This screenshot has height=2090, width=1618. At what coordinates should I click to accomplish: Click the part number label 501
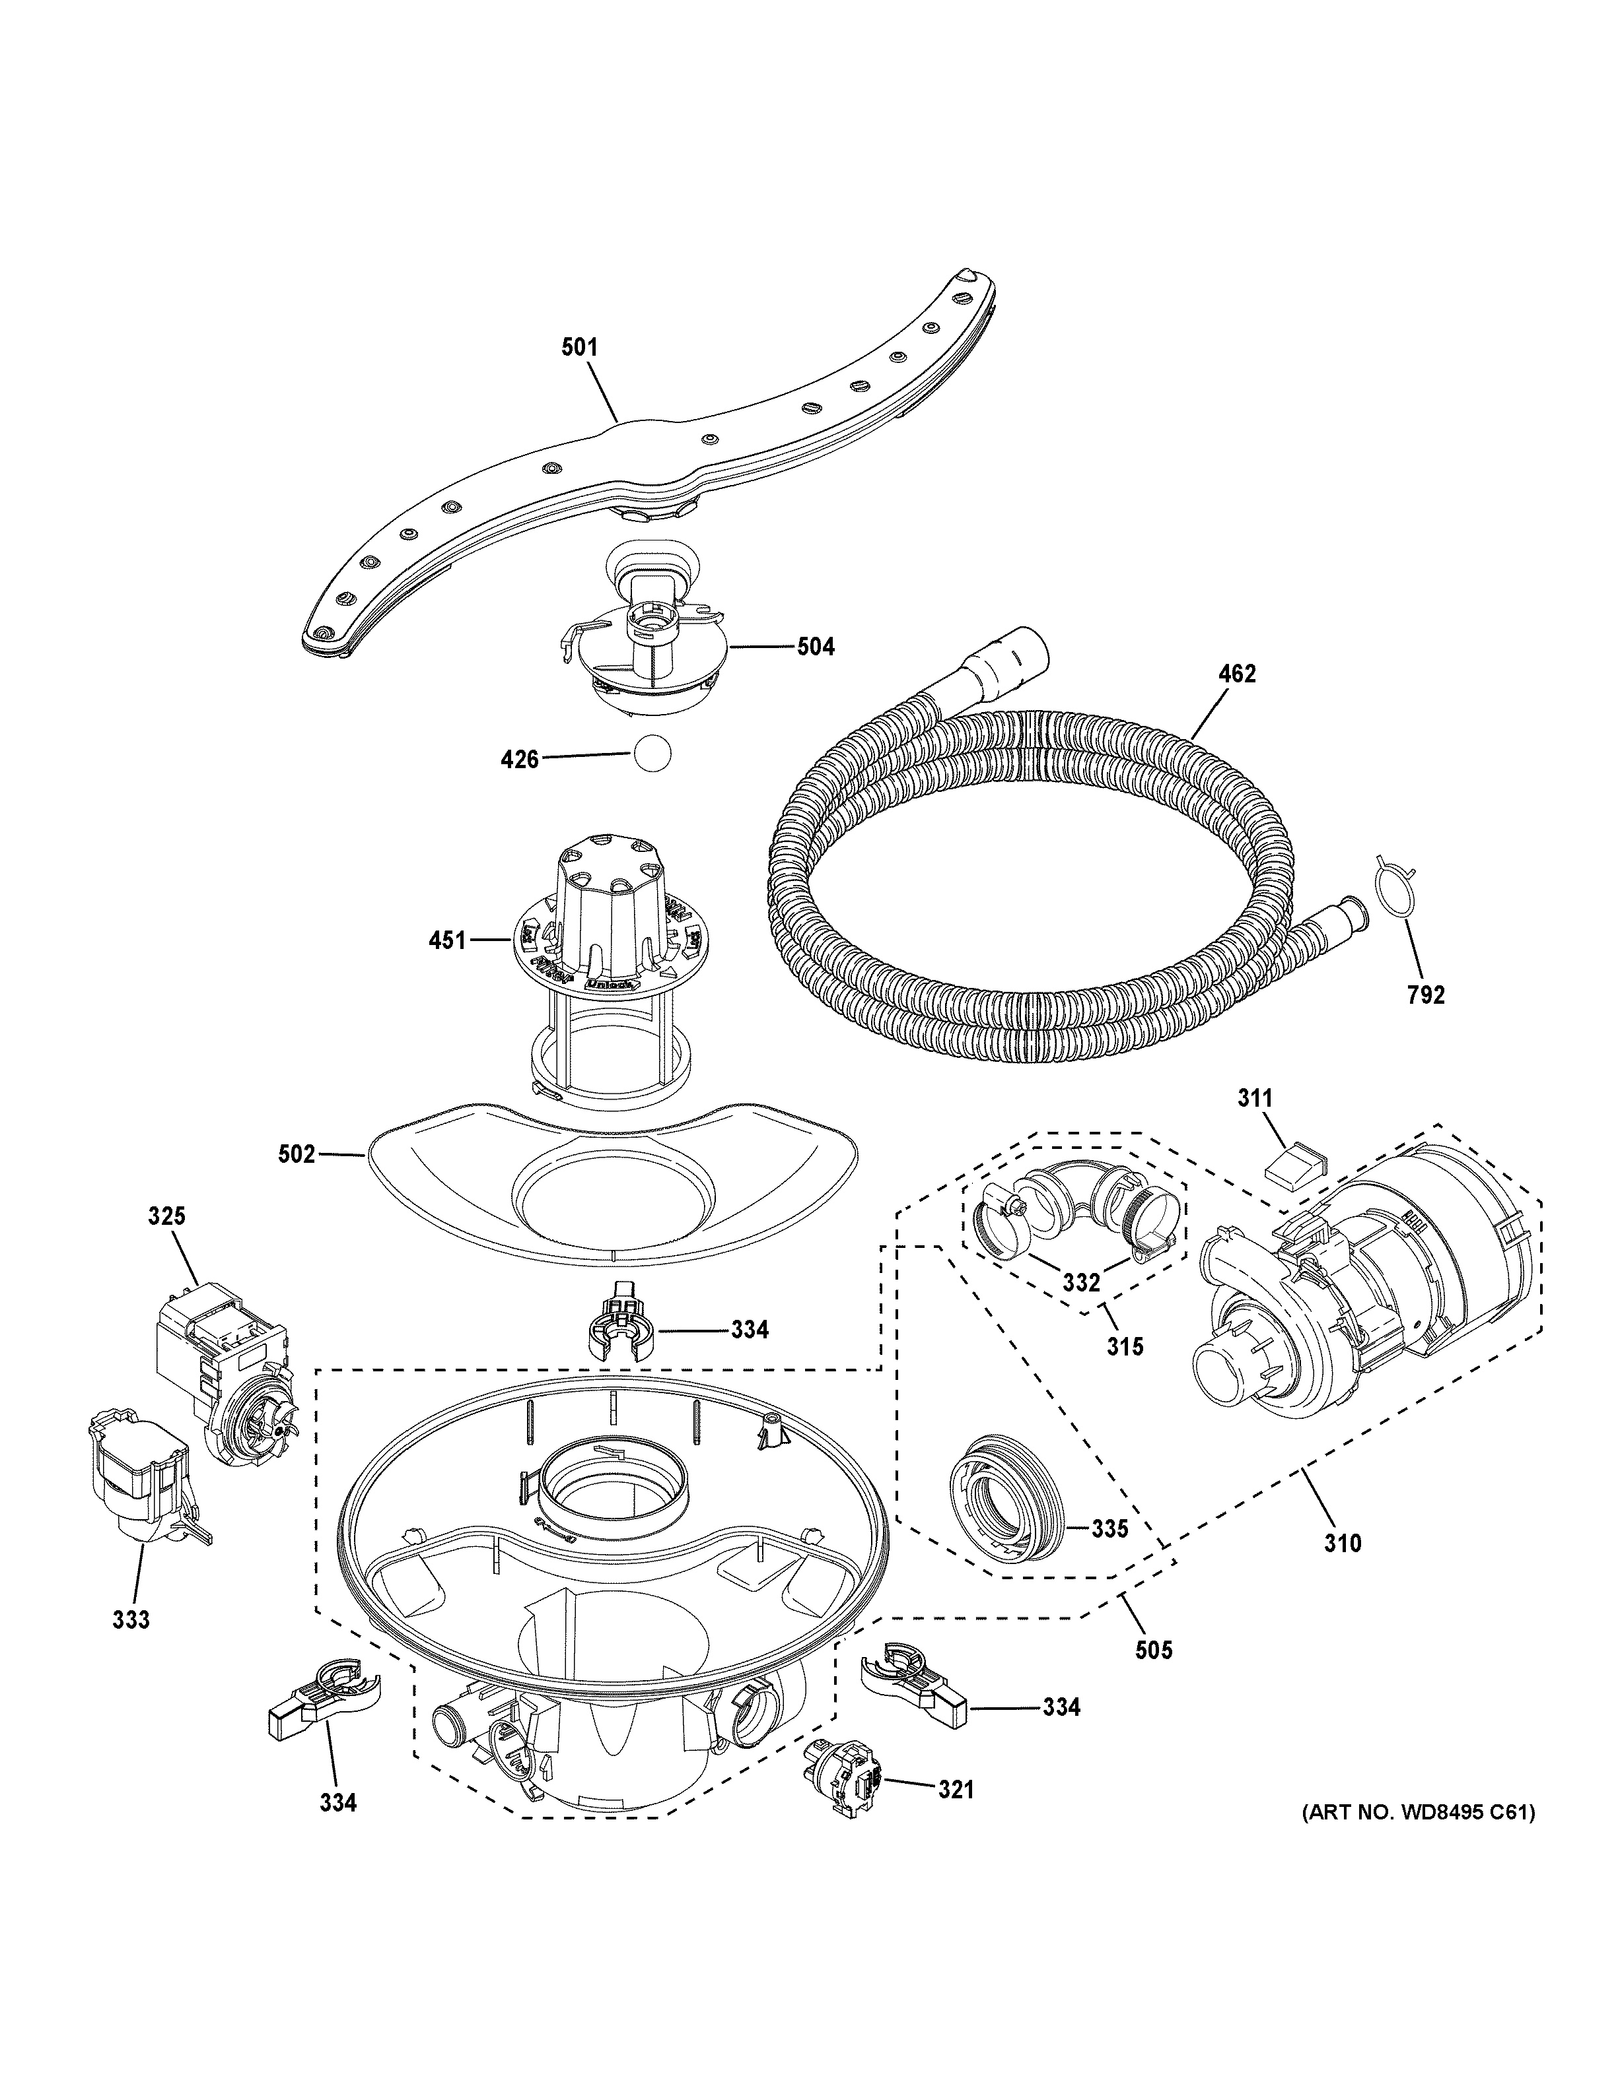point(579,347)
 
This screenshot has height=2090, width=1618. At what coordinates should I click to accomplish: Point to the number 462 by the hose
point(1236,674)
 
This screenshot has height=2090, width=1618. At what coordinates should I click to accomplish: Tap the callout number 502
point(296,1155)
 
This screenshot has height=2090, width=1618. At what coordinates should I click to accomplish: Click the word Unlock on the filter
point(606,982)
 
